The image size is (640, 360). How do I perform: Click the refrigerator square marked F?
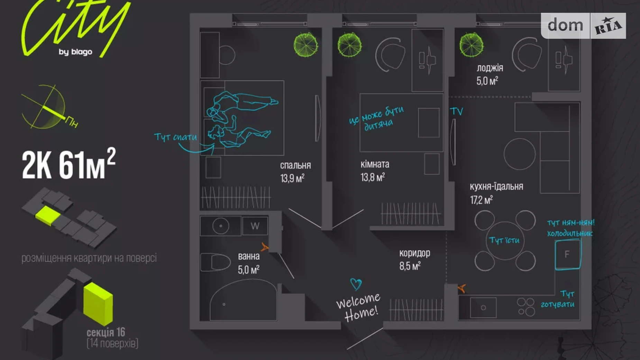[567, 254]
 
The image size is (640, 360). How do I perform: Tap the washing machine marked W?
[255, 226]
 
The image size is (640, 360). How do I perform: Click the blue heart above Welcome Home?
[356, 284]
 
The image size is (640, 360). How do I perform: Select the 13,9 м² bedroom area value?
[292, 178]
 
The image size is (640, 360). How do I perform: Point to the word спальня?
[295, 165]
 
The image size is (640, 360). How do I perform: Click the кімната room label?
[375, 164]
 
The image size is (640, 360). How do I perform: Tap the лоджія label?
[490, 68]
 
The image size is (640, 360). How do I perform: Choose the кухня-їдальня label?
[496, 187]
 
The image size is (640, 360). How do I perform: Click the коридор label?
[414, 253]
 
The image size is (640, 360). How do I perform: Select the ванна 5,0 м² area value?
[248, 270]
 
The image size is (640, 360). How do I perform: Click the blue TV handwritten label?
[456, 111]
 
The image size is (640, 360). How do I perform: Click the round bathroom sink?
[220, 226]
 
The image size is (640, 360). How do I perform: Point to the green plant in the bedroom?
[305, 44]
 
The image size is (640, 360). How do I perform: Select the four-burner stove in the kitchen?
[526, 307]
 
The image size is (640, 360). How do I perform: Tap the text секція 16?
[106, 332]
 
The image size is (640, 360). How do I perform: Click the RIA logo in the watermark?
[608, 26]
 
